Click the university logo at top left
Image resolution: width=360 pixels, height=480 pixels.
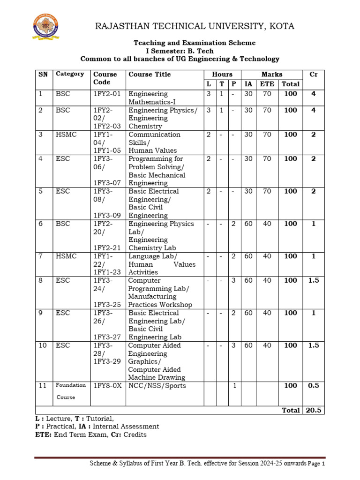pos(45,26)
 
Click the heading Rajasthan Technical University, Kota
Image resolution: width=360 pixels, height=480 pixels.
pos(195,26)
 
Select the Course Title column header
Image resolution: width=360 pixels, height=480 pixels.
pos(150,74)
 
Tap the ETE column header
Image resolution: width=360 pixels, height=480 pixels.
pos(267,84)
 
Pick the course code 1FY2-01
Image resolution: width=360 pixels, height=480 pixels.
pos(107,94)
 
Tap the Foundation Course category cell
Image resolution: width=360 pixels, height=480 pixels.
pos(71,391)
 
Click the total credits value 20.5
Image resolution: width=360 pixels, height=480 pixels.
pos(313,410)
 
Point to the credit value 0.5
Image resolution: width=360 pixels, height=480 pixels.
pos(313,386)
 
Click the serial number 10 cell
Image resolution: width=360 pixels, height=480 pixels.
pos(43,345)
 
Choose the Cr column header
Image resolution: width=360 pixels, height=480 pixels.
pos(313,74)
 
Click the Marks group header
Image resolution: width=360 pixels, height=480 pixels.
pos(272,74)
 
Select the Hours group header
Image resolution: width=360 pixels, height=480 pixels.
pos(222,74)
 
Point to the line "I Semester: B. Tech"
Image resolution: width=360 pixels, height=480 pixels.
pos(180,51)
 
